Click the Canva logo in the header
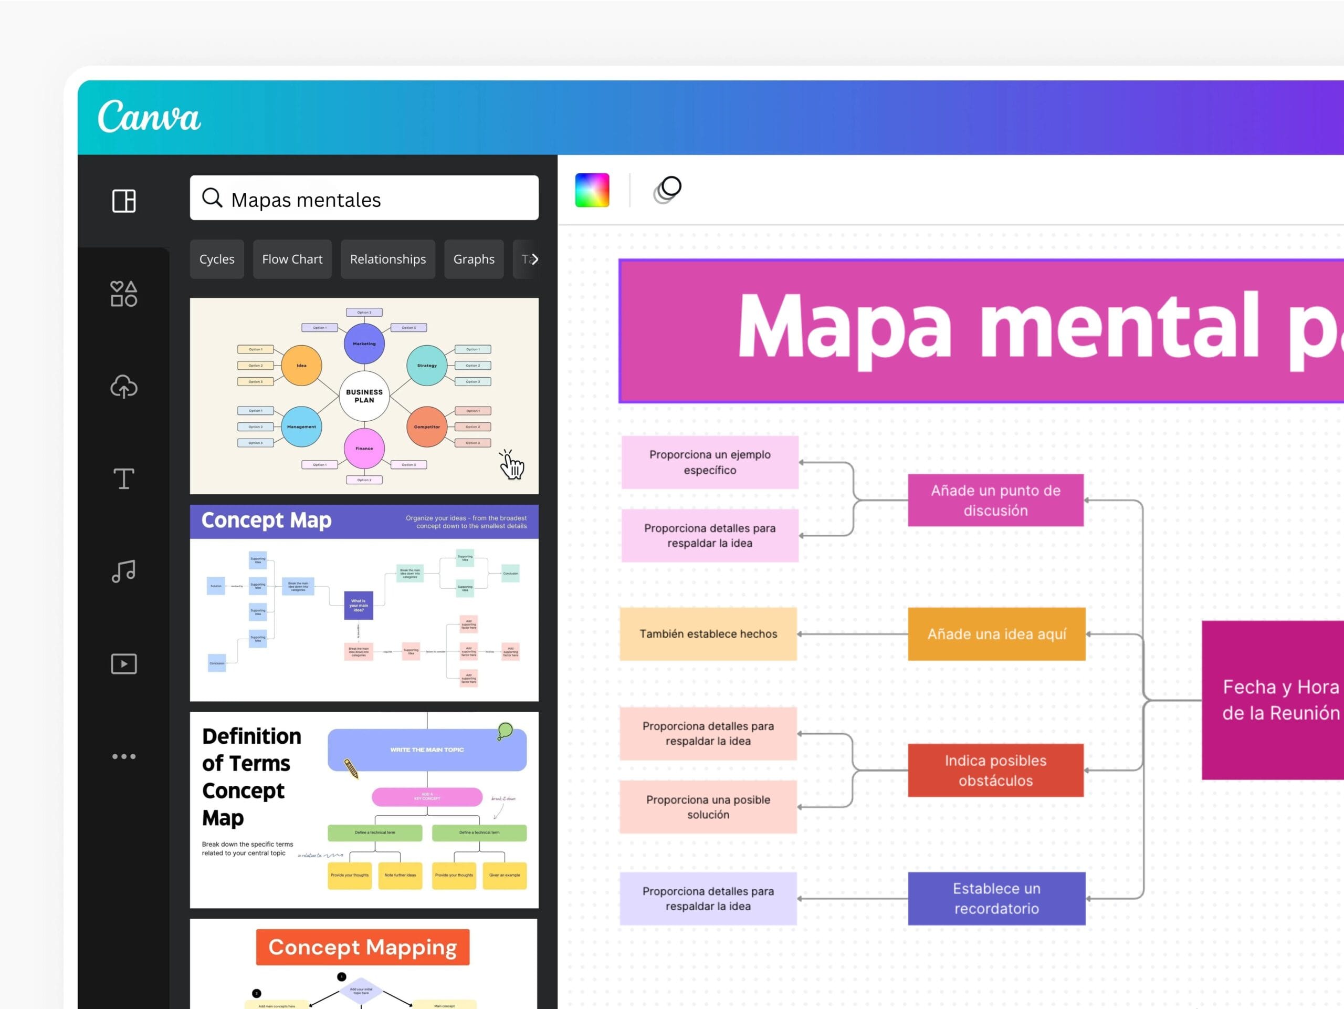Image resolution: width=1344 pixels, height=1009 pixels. point(149,116)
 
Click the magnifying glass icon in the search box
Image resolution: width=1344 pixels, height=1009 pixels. point(212,197)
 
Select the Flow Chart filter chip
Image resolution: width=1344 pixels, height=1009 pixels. point(292,259)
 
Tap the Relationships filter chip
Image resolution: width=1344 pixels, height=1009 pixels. point(387,259)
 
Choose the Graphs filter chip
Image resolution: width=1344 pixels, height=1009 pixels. point(474,259)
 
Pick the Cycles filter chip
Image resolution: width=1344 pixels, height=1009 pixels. point(217,259)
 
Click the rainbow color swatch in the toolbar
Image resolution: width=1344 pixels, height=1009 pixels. point(592,190)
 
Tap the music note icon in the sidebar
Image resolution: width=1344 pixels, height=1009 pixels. point(124,571)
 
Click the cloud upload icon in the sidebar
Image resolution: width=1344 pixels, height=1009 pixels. point(124,387)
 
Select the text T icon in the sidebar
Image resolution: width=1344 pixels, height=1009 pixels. point(124,479)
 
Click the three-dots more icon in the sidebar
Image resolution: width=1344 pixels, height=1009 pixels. point(124,756)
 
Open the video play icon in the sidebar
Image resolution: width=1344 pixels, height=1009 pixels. point(124,664)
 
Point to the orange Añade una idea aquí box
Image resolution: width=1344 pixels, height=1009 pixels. point(996,634)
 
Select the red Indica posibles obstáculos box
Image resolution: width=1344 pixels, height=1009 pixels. point(995,770)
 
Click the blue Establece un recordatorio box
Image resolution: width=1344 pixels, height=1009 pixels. point(996,898)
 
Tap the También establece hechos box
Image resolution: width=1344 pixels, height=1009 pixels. point(708,634)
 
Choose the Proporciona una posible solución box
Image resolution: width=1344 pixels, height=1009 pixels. point(708,807)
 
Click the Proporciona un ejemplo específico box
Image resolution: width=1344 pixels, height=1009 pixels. point(710,462)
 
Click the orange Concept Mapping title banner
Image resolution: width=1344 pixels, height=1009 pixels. point(363,947)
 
